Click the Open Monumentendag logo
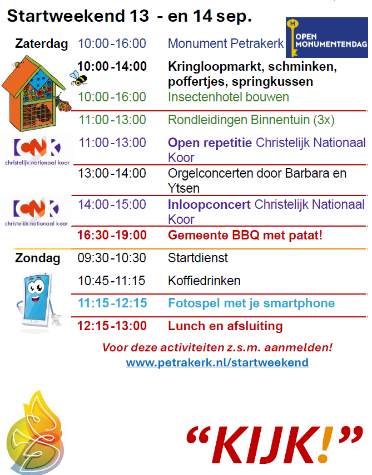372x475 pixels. [x=326, y=37]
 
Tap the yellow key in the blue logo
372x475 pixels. [x=292, y=38]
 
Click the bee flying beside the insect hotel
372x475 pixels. [x=78, y=78]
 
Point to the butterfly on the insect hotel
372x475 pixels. [x=63, y=102]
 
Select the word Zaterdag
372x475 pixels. [x=42, y=43]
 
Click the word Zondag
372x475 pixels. [x=38, y=258]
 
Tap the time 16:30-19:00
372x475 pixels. [x=112, y=235]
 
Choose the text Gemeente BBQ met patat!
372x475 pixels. [x=245, y=235]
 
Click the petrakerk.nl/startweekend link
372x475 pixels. [x=217, y=363]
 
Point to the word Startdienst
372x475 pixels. [x=198, y=258]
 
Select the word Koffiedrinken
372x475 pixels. [x=204, y=281]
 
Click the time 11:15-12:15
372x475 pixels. [x=112, y=303]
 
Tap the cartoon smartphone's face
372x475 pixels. [x=36, y=290]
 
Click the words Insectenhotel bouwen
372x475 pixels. [x=229, y=97]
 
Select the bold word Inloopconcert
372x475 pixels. [x=209, y=204]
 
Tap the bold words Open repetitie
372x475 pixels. [x=210, y=143]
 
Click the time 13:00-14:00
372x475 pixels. [x=112, y=174]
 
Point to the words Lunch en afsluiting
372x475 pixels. [x=225, y=326]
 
